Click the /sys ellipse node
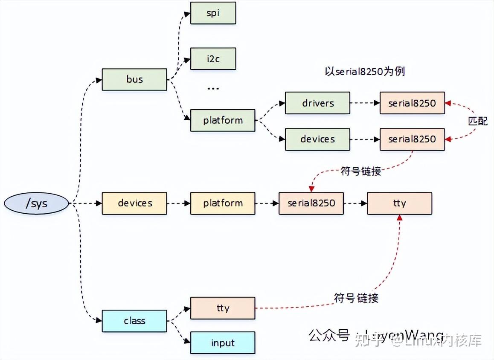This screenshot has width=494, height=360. (36, 203)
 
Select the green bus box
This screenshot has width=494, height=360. (134, 79)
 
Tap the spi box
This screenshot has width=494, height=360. (213, 13)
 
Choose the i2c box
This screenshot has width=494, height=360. (213, 59)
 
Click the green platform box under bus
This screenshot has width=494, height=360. (223, 120)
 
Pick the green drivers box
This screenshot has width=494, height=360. (317, 103)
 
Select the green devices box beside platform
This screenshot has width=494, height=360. (317, 139)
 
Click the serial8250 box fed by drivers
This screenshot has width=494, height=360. (412, 103)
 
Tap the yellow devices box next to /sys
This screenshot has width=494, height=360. (134, 203)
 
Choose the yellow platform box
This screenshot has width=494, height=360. (223, 203)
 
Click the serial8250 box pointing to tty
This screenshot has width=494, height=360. (311, 203)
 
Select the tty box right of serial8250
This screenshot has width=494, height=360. (399, 203)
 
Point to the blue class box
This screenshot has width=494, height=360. (134, 321)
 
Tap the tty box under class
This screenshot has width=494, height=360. (223, 308)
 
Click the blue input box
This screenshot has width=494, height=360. (223, 343)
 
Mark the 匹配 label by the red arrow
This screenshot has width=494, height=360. (477, 121)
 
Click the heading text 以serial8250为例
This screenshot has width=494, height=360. (364, 71)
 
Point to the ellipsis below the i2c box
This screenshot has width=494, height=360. (213, 88)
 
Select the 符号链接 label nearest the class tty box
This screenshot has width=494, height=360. (356, 298)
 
